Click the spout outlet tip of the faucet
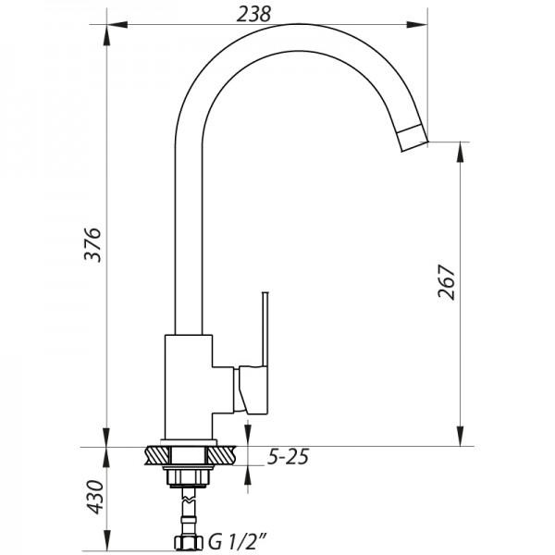click(414, 138)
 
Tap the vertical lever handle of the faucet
click(265, 328)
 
